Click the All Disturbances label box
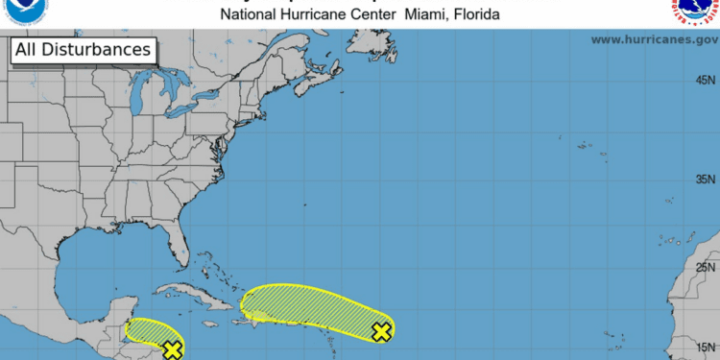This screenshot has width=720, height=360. click(x=84, y=49)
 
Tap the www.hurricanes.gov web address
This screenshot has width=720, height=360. click(x=653, y=39)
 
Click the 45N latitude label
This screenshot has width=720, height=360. click(x=706, y=81)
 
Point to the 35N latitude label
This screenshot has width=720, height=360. click(x=706, y=180)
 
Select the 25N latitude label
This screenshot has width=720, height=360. click(x=706, y=268)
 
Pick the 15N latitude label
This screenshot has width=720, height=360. click(x=706, y=348)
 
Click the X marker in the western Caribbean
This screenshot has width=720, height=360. click(x=173, y=349)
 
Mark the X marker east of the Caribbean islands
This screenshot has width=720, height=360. click(x=381, y=331)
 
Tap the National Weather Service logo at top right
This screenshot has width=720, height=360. click(x=696, y=10)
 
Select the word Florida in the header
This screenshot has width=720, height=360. click(x=473, y=14)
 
